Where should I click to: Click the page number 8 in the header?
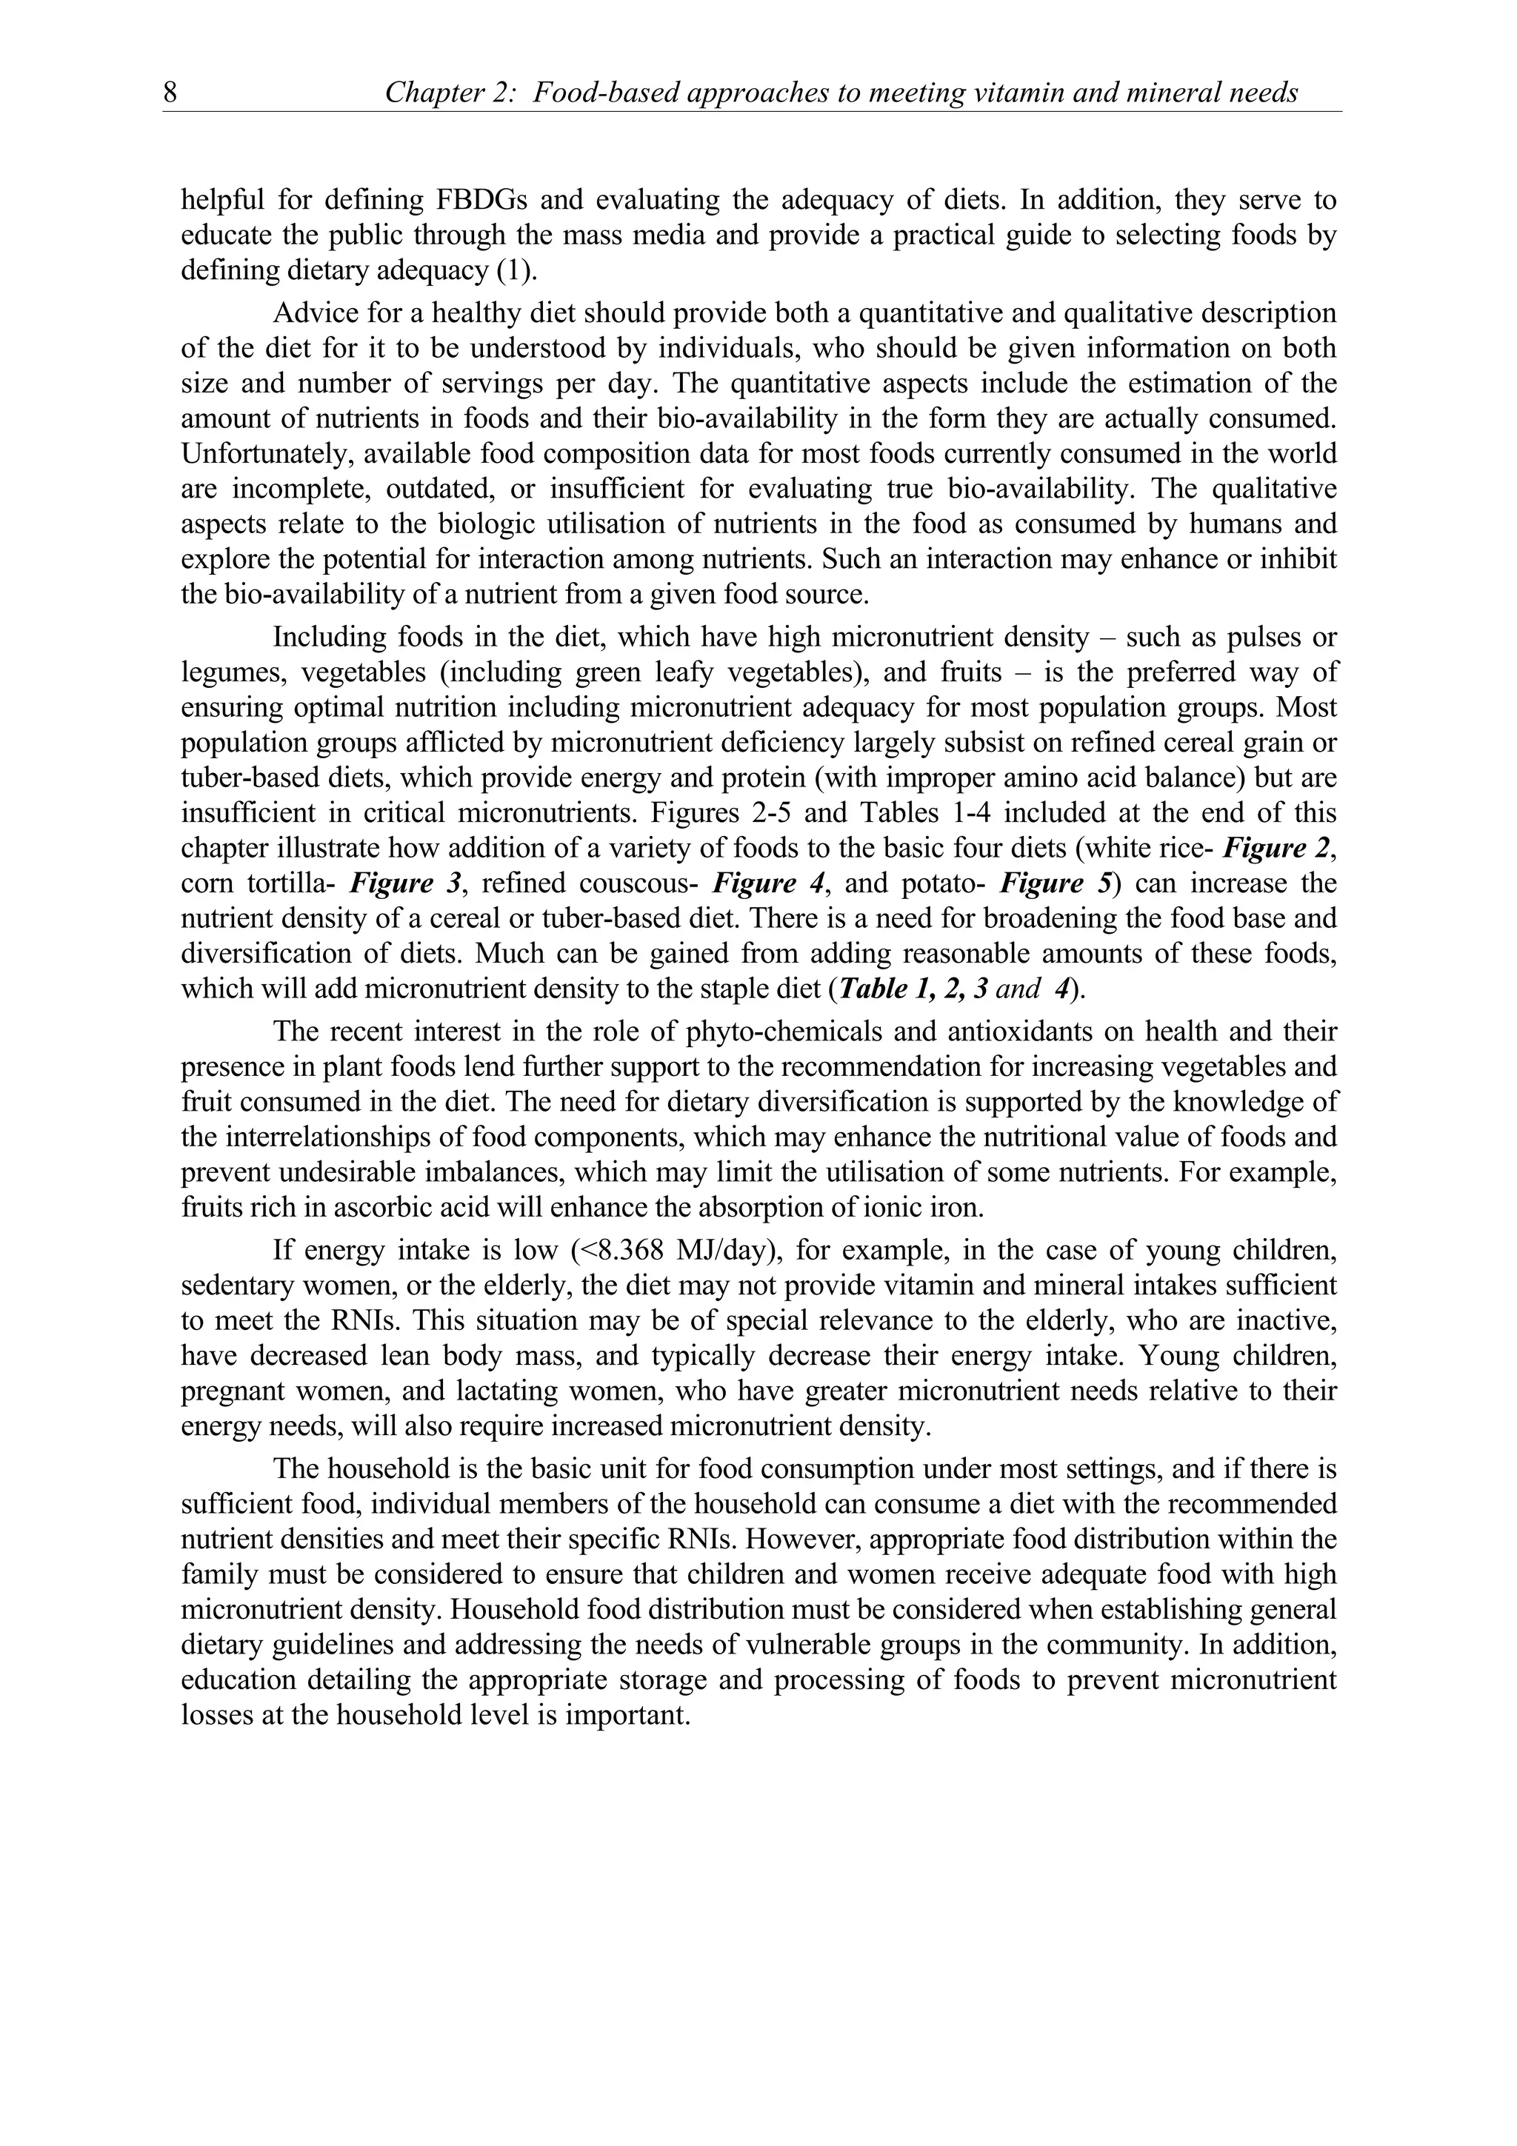pos(170,93)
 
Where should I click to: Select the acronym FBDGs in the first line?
pos(481,200)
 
